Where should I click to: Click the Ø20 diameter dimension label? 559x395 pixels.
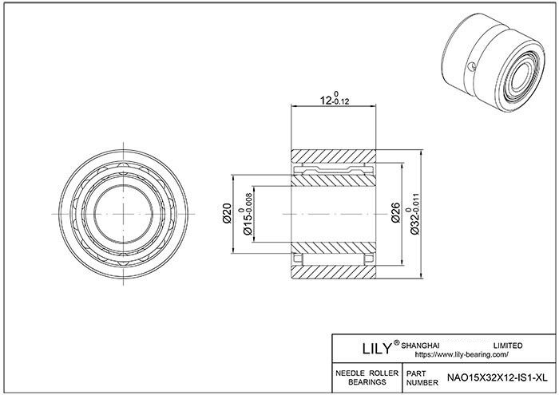227,213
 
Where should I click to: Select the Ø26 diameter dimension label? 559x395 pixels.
395,213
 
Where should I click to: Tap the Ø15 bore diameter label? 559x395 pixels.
248,223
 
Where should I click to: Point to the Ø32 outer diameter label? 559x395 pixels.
415,223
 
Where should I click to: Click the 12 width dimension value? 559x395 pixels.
324,101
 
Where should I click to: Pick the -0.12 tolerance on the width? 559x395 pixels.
340,102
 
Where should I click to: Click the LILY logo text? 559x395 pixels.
377,349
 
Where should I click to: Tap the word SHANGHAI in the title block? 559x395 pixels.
420,346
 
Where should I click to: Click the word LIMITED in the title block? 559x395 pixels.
508,346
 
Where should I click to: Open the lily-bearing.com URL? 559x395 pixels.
462,355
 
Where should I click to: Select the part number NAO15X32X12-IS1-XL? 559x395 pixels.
498,378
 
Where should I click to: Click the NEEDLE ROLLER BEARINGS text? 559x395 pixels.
367,378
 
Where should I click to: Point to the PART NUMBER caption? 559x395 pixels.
422,378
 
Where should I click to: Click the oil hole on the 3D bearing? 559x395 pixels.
471,66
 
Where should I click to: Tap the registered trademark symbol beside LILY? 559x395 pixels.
396,342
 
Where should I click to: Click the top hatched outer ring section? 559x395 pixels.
334,156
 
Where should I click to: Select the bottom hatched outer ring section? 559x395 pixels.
334,272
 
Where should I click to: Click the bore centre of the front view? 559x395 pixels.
123,214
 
